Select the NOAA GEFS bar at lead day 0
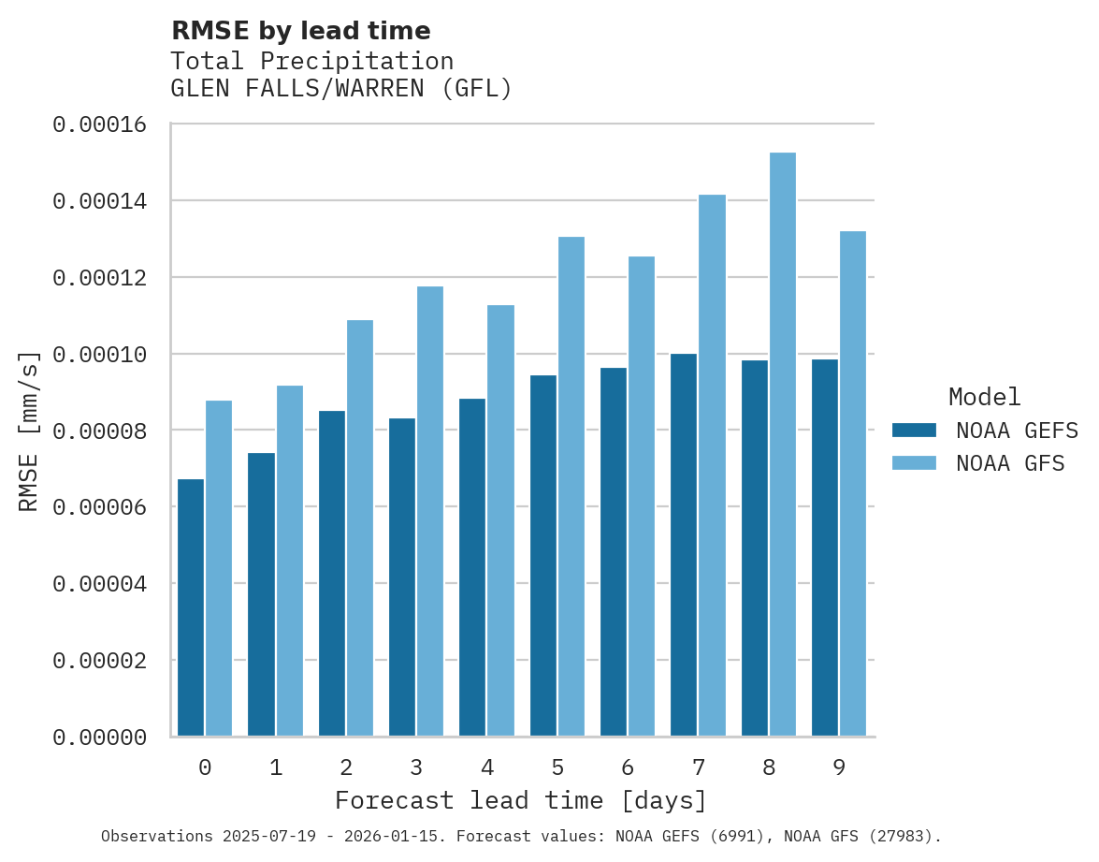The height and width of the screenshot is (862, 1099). tap(191, 607)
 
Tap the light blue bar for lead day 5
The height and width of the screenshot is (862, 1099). tap(571, 487)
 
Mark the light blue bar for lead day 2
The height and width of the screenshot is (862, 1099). tap(360, 528)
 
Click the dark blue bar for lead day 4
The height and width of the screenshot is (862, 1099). tap(472, 567)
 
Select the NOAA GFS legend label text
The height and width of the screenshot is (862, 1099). tap(1010, 463)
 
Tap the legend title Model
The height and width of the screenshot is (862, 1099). tap(984, 397)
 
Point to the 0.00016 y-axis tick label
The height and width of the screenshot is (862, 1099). tap(100, 124)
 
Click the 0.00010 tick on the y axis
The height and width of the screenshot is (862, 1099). tap(100, 355)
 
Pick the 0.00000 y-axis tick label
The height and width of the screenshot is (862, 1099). tap(100, 738)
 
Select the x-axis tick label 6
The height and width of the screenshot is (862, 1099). tap(628, 768)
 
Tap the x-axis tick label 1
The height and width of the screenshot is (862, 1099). tap(276, 768)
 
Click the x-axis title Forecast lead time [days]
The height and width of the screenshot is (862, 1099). tap(521, 801)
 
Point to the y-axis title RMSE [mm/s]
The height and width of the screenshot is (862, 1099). tap(30, 431)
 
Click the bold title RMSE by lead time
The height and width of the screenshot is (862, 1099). tap(301, 31)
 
